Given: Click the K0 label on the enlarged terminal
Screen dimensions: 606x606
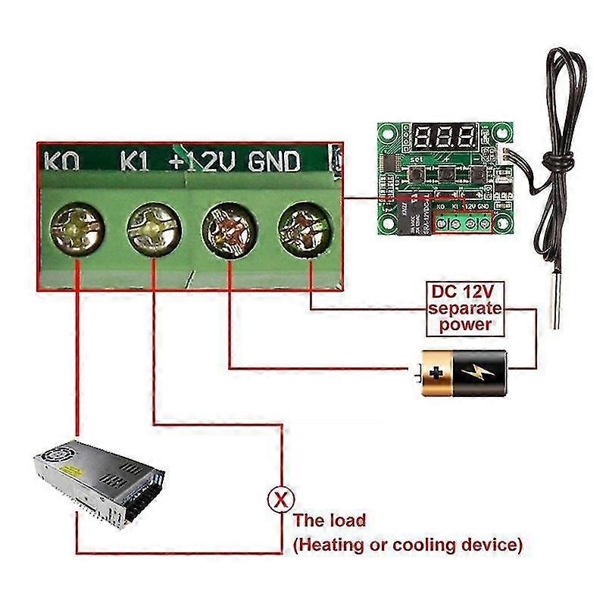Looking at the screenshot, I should [64, 161].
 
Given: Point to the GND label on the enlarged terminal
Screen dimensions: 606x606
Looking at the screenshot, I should [275, 161].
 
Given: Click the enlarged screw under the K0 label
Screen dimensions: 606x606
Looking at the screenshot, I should [77, 228].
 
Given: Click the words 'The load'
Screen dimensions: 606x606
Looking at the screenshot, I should [330, 520].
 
